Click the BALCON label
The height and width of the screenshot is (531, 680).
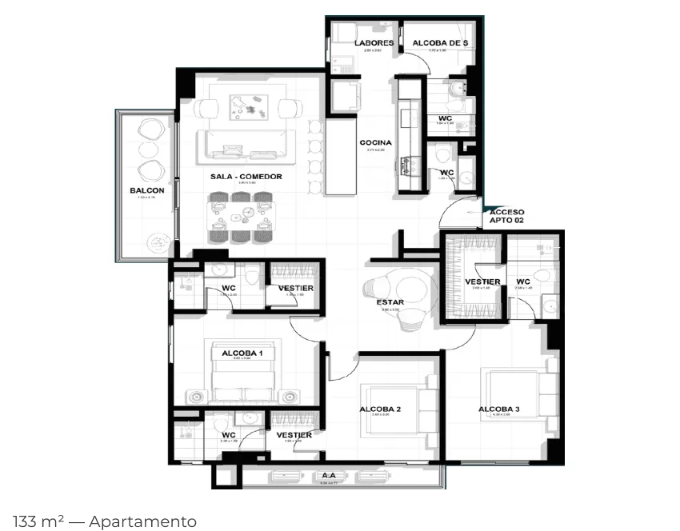tap(146, 190)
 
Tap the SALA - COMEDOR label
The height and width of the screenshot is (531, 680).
tap(246, 177)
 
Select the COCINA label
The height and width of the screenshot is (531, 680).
tap(375, 143)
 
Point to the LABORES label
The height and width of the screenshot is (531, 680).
tap(374, 43)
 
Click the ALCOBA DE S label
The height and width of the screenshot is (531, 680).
tap(440, 43)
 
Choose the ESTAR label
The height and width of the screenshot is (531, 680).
tap(390, 302)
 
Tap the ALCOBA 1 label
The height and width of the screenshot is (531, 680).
tap(242, 353)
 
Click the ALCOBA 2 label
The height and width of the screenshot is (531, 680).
tap(380, 409)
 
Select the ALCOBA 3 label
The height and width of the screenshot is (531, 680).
tap(499, 409)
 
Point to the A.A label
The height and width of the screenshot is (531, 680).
tap(328, 475)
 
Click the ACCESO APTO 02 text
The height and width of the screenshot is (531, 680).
tap(506, 217)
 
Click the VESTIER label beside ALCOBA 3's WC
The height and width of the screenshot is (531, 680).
tap(482, 281)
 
